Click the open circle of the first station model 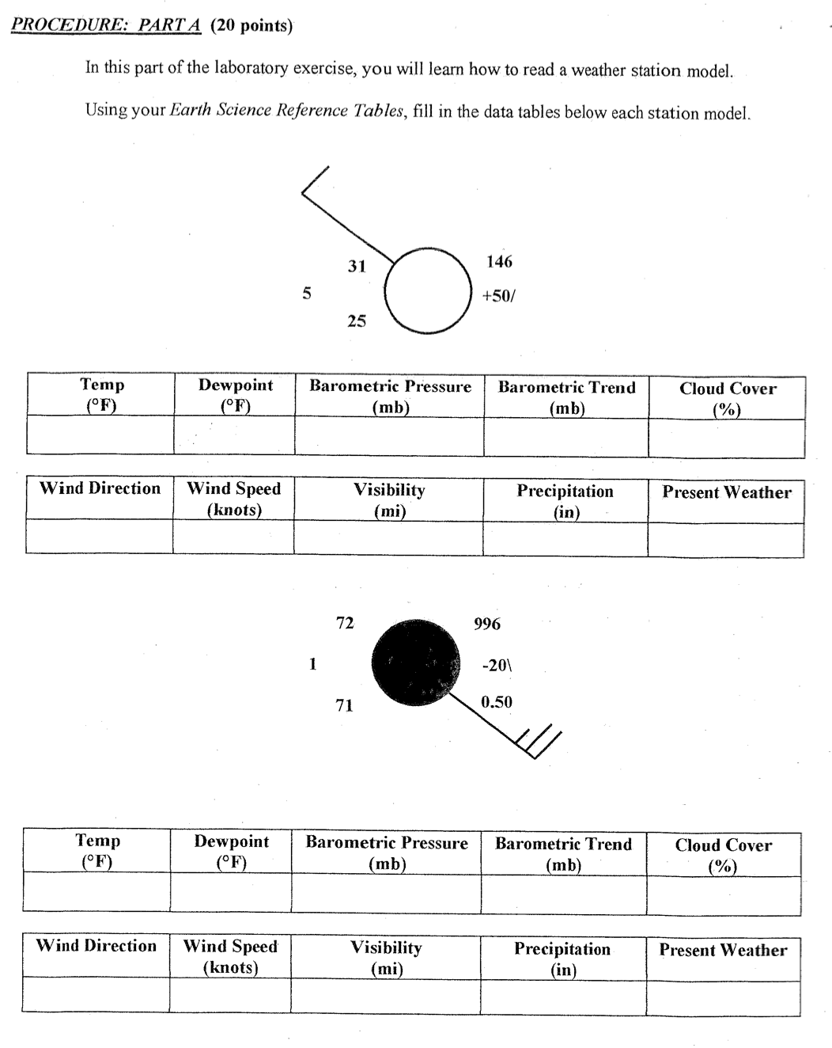click(428, 290)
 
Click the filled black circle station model click(416, 662)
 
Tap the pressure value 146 click(499, 261)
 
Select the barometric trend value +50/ click(498, 296)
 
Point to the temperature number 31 click(357, 267)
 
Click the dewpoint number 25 click(357, 321)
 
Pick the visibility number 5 click(307, 294)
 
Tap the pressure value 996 click(487, 624)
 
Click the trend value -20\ click(497, 665)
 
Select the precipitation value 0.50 click(497, 702)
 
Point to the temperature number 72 click(345, 623)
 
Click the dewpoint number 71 click(344, 704)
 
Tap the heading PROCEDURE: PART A click(106, 25)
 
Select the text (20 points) click(251, 26)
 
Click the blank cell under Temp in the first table click(100, 436)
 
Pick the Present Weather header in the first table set click(726, 492)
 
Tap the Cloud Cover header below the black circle click(723, 855)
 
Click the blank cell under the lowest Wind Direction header click(95, 994)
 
